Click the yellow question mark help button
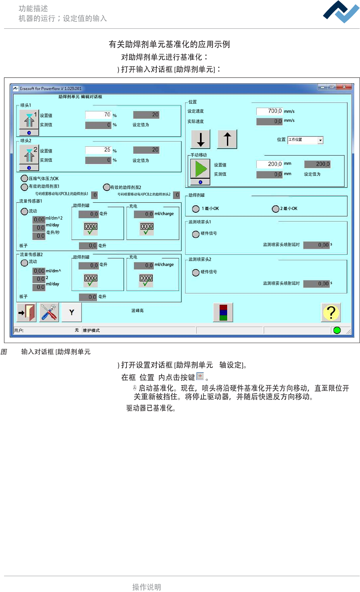pos(331,313)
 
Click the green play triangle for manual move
pos(200,169)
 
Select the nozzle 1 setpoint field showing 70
pos(98,115)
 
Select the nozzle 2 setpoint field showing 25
pos(98,150)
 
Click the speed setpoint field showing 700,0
pos(269,111)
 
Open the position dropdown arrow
pos(320,140)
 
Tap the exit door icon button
pos(27,313)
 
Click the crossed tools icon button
pos(49,313)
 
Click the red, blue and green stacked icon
pos(223,313)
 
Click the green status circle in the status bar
pos(337,330)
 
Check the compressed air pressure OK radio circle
pos(24,178)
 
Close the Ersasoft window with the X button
pos(344,87)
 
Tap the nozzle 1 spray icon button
pos(29,120)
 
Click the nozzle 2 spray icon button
pos(29,155)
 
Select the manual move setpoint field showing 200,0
pos(269,164)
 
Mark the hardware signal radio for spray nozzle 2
pos(196,272)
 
